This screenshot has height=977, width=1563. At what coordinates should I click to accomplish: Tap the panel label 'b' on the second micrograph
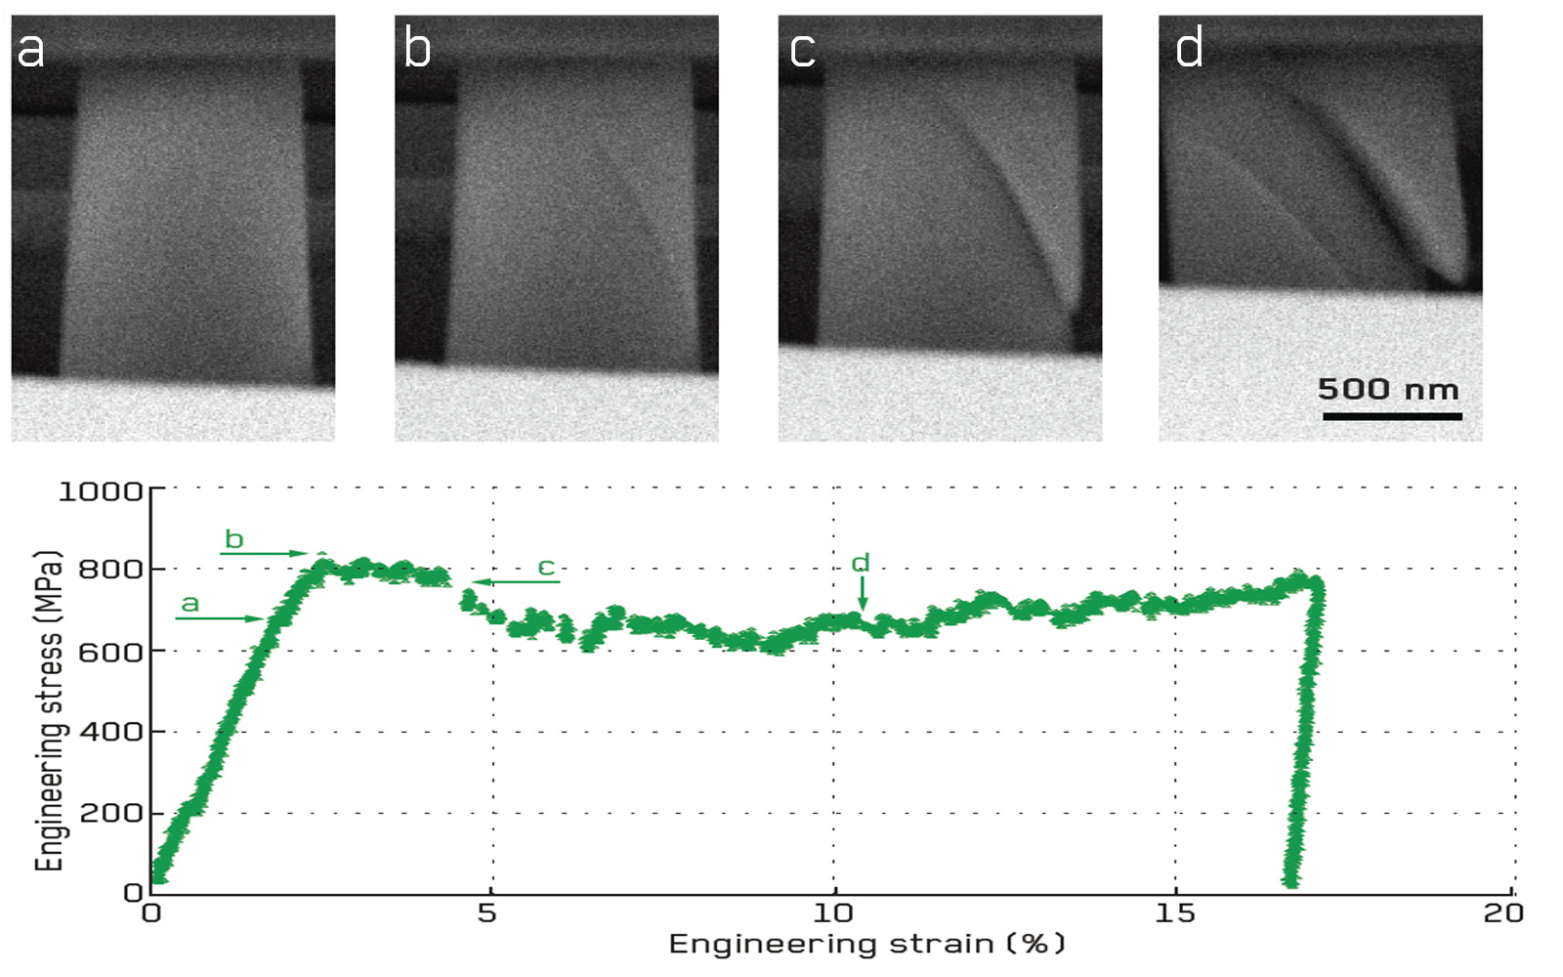[x=417, y=49]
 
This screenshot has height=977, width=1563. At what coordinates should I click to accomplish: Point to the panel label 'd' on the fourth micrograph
[x=1189, y=49]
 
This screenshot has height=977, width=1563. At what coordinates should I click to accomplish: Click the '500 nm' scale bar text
[x=1388, y=389]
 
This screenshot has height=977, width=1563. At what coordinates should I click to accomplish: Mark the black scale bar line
[x=1392, y=416]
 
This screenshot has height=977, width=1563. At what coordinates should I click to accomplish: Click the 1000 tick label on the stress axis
[x=101, y=490]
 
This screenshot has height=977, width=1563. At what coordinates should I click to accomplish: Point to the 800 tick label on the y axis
[x=109, y=570]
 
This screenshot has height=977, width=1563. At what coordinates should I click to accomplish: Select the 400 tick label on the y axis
[x=109, y=732]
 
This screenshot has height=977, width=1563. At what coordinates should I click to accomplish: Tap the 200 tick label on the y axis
[x=109, y=813]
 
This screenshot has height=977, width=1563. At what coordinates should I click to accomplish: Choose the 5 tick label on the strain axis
[x=486, y=913]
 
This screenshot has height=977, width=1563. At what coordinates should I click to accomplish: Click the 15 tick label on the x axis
[x=1174, y=913]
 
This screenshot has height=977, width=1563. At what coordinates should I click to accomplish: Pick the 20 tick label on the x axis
[x=1503, y=913]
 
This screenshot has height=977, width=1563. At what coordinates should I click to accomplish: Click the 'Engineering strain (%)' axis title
[x=866, y=944]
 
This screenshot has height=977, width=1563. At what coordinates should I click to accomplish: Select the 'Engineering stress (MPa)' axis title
[x=49, y=710]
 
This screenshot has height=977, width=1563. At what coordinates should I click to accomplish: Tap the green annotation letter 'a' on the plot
[x=190, y=604]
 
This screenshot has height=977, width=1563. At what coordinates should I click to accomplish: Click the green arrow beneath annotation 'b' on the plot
[x=264, y=554]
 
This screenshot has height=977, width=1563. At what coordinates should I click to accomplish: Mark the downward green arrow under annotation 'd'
[x=862, y=592]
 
